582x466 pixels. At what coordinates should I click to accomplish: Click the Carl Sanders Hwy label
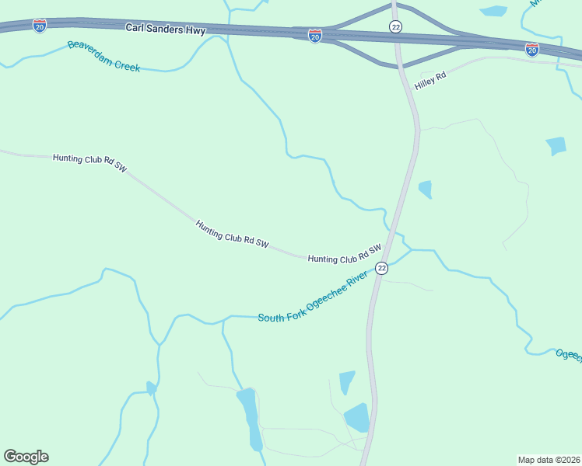[x=165, y=29]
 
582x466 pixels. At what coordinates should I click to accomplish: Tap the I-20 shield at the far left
[x=39, y=26]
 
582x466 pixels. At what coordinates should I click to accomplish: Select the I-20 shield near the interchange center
[x=314, y=37]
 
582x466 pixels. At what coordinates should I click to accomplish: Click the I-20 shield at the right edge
[x=532, y=50]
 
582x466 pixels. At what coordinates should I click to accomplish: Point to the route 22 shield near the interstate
[x=396, y=26]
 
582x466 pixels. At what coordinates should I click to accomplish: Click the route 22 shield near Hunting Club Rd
[x=381, y=268]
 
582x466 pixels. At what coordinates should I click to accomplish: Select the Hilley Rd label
[x=430, y=79]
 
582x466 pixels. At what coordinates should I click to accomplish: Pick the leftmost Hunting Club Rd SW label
[x=89, y=162]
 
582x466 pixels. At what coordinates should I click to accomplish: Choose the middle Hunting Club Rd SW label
[x=232, y=235]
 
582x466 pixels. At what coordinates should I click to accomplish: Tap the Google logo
[x=26, y=457]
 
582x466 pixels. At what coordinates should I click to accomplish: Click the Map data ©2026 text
[x=549, y=459]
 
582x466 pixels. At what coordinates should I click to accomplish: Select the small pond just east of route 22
[x=425, y=189]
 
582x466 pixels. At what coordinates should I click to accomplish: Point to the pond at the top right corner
[x=493, y=11]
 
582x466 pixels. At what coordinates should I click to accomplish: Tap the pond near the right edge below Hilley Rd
[x=556, y=145]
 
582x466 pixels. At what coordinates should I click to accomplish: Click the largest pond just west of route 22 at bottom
[x=357, y=418]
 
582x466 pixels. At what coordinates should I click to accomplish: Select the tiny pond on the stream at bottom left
[x=151, y=388]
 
